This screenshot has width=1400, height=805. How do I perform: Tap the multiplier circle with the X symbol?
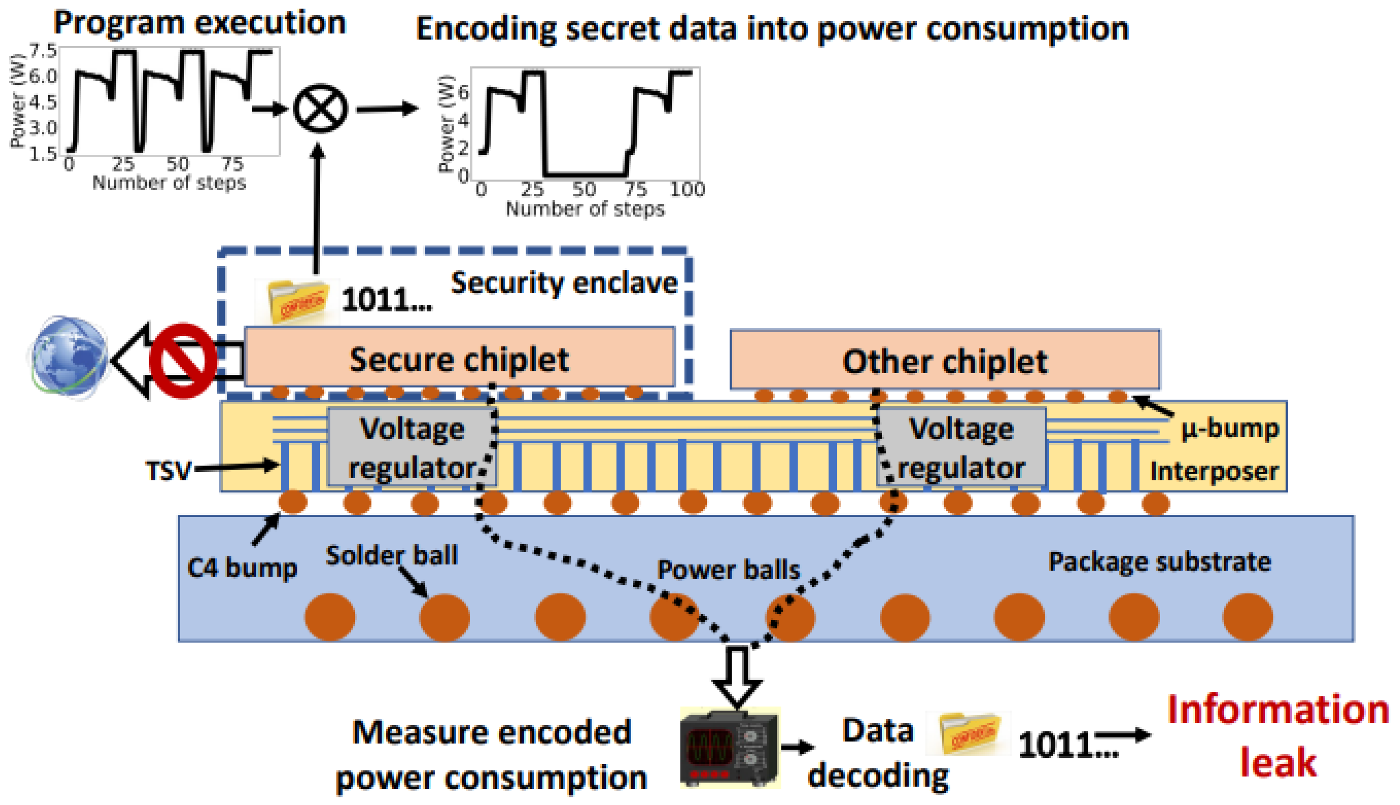[320, 108]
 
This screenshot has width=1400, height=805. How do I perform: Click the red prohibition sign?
[182, 361]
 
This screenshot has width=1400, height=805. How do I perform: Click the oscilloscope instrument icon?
[729, 748]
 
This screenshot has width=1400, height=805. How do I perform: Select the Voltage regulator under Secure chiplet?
[411, 448]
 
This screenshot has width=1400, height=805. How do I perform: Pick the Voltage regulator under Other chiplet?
[961, 448]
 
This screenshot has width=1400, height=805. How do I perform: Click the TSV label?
[168, 471]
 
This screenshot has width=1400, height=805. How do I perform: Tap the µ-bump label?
[1230, 429]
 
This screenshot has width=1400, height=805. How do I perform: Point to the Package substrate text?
[1159, 562]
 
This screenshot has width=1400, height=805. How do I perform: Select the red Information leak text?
[1277, 735]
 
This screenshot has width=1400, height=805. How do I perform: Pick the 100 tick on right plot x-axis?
[687, 189]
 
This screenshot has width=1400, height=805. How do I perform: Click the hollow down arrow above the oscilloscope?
[737, 678]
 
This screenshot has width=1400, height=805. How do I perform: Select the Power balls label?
[728, 569]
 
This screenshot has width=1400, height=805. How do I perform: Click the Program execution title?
[199, 23]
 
